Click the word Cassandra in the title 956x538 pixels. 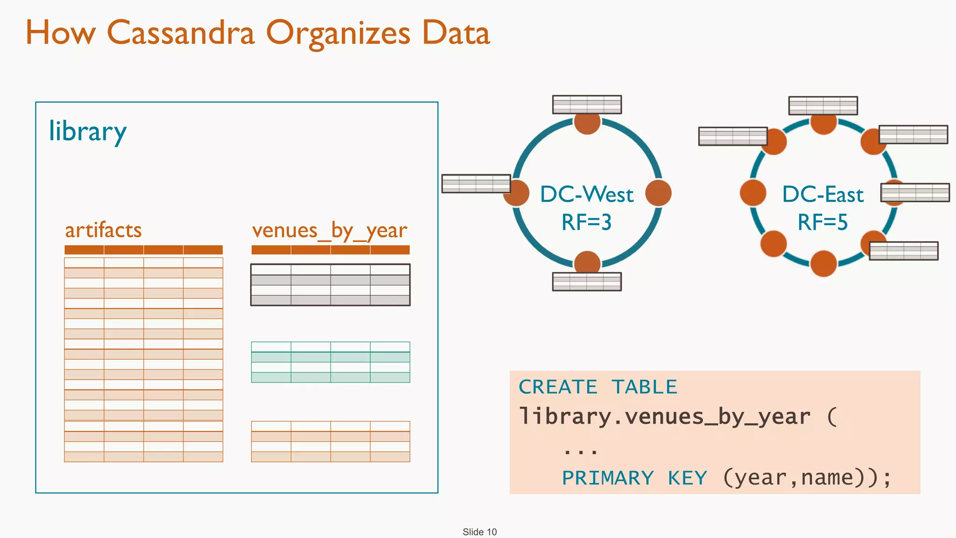point(181,33)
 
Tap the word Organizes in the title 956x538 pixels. point(338,34)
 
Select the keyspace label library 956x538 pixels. point(87,132)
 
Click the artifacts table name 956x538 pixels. point(103,230)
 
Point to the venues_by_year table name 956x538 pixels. point(330,231)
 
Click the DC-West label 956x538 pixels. point(587,194)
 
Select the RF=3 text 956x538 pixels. point(586,222)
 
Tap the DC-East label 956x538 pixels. point(822,194)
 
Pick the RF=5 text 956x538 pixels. point(822,222)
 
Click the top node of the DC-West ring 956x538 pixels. point(587,122)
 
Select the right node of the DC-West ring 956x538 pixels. point(658,193)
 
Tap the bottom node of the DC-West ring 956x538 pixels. point(587,262)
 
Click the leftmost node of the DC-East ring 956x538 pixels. point(753,193)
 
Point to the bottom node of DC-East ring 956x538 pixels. point(823,263)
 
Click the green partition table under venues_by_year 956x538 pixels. point(330,362)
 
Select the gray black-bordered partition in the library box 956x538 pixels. point(330,285)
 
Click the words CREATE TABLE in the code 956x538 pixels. point(597,387)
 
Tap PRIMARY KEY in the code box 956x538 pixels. point(634,478)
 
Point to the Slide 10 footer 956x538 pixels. point(479,532)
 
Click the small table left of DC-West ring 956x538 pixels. point(476,184)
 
